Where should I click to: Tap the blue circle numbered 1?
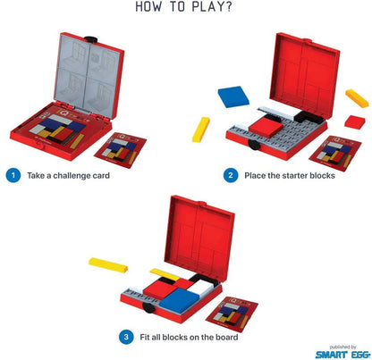tap(13, 175)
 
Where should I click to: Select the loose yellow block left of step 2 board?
tap(199, 129)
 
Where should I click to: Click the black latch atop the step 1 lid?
tap(91, 36)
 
